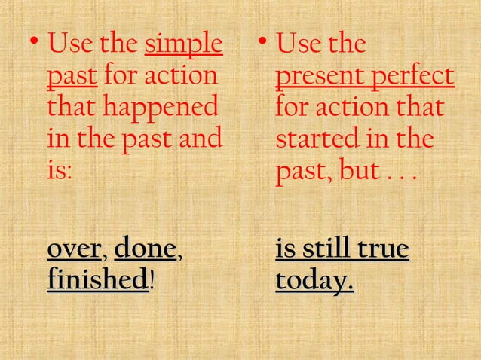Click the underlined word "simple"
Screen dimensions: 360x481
tap(184, 45)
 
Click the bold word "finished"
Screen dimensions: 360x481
tap(97, 280)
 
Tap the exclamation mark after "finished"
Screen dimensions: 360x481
tap(153, 280)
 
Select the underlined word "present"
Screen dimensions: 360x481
tap(320, 78)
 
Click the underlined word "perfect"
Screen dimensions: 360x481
tap(416, 78)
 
